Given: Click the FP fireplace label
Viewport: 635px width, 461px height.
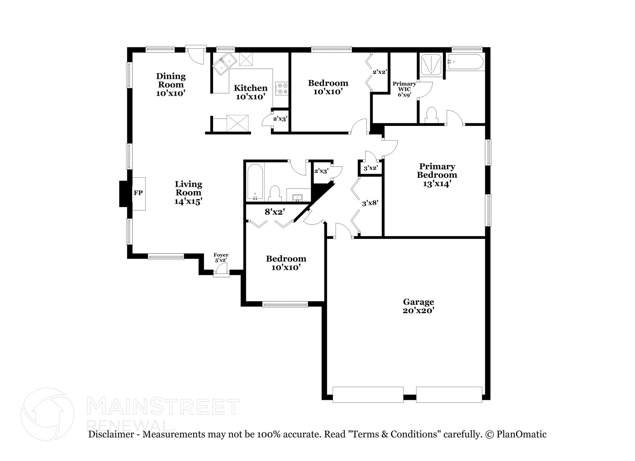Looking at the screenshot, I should tap(138, 193).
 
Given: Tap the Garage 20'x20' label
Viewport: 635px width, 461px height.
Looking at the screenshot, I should tap(418, 306).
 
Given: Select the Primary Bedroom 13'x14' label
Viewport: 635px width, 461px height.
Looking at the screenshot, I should tap(437, 175).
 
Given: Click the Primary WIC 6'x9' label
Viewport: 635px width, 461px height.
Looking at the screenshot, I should tap(404, 89).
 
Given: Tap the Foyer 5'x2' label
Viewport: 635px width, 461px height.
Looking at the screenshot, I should tap(221, 258).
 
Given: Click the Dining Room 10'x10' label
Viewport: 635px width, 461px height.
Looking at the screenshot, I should tap(171, 85).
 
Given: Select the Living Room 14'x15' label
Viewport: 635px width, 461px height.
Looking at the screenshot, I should tap(188, 193).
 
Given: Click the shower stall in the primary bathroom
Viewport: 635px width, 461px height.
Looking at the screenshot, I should tap(431, 65).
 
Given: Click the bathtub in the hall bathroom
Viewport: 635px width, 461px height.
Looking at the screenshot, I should tap(255, 183).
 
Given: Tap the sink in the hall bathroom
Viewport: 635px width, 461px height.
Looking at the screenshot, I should tap(298, 197).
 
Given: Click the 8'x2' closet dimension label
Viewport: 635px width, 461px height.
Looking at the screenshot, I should tap(274, 212).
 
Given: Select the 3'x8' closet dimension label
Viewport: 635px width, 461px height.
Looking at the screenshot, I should tap(370, 203).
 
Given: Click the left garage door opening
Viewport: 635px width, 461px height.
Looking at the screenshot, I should tap(368, 394).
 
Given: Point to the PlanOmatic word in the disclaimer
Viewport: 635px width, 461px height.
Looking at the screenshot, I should tap(522, 434).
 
